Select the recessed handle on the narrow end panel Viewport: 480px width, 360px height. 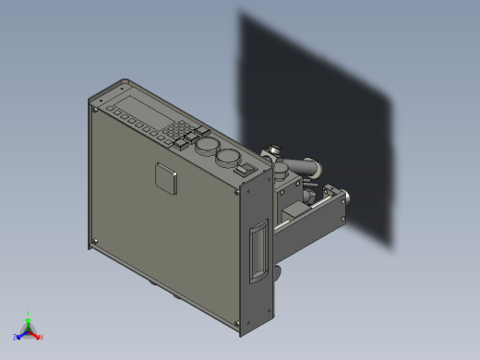[x=258, y=255]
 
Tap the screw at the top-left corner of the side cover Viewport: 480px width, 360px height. [x=94, y=107]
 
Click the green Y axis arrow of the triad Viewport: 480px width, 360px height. [x=28, y=318]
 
